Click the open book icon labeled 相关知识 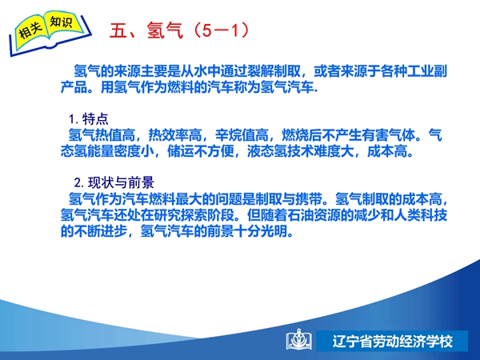tap(50, 33)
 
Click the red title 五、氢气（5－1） tap(180, 30)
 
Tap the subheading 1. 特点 tap(89, 118)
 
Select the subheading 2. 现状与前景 tap(114, 182)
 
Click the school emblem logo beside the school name tap(299, 340)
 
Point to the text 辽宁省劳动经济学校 tap(393, 342)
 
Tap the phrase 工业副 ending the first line tap(427, 71)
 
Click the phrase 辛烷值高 tap(242, 135)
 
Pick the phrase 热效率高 tap(175, 135)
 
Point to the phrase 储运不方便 tap(201, 151)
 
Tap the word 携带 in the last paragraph tap(309, 199)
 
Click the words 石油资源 tap(314, 215)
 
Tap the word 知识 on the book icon tap(62, 22)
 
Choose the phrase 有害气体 tap(389, 135)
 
